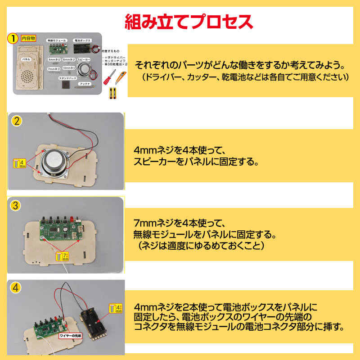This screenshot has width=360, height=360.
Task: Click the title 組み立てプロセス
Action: [189, 21]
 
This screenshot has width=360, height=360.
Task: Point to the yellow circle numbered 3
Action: [16, 206]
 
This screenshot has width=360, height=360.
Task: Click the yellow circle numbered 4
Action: [16, 287]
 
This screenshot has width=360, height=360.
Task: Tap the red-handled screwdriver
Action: [109, 80]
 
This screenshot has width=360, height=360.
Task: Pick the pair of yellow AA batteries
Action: [112, 94]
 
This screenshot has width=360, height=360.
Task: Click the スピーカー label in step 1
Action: [84, 59]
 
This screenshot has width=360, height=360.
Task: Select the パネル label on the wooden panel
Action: [26, 59]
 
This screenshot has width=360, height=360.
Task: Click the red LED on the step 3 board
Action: [71, 219]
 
